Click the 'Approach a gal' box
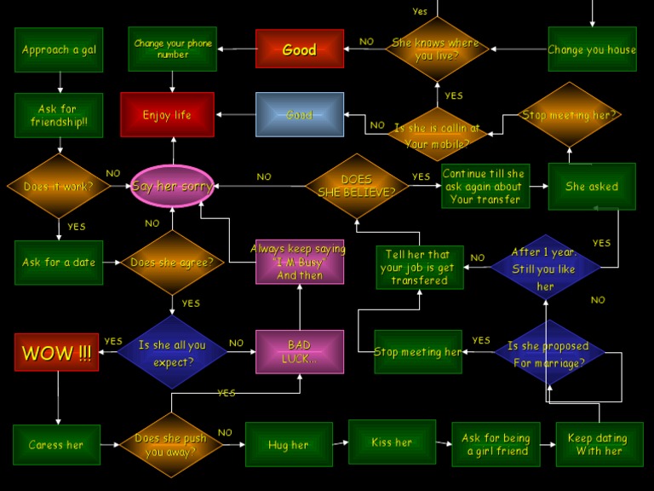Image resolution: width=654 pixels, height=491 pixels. (59, 49)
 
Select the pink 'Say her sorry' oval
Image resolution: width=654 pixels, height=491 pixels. (172, 186)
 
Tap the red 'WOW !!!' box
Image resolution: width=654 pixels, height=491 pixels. (57, 352)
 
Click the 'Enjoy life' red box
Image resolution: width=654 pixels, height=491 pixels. (167, 114)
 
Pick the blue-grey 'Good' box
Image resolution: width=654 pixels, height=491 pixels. (300, 114)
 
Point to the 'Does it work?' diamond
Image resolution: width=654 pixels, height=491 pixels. (59, 186)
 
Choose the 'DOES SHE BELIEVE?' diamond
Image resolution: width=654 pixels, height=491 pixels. (357, 186)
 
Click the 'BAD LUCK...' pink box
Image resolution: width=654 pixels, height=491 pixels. (300, 351)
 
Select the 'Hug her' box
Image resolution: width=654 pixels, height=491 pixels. (289, 444)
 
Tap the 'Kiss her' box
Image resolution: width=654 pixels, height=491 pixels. (392, 442)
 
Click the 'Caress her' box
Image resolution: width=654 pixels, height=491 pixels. (57, 445)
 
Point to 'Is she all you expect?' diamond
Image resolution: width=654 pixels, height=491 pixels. (172, 352)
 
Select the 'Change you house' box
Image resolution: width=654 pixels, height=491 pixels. (593, 49)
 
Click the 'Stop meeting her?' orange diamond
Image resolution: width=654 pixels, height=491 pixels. (570, 114)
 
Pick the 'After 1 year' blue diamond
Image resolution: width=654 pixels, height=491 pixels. (546, 267)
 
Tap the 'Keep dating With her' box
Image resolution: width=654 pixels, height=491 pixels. (599, 444)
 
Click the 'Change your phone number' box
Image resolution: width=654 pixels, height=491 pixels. (173, 49)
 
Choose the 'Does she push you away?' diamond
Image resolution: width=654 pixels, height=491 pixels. (171, 445)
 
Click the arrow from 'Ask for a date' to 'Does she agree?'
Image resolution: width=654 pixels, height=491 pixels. (112, 263)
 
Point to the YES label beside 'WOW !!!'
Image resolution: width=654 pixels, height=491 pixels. (113, 341)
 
